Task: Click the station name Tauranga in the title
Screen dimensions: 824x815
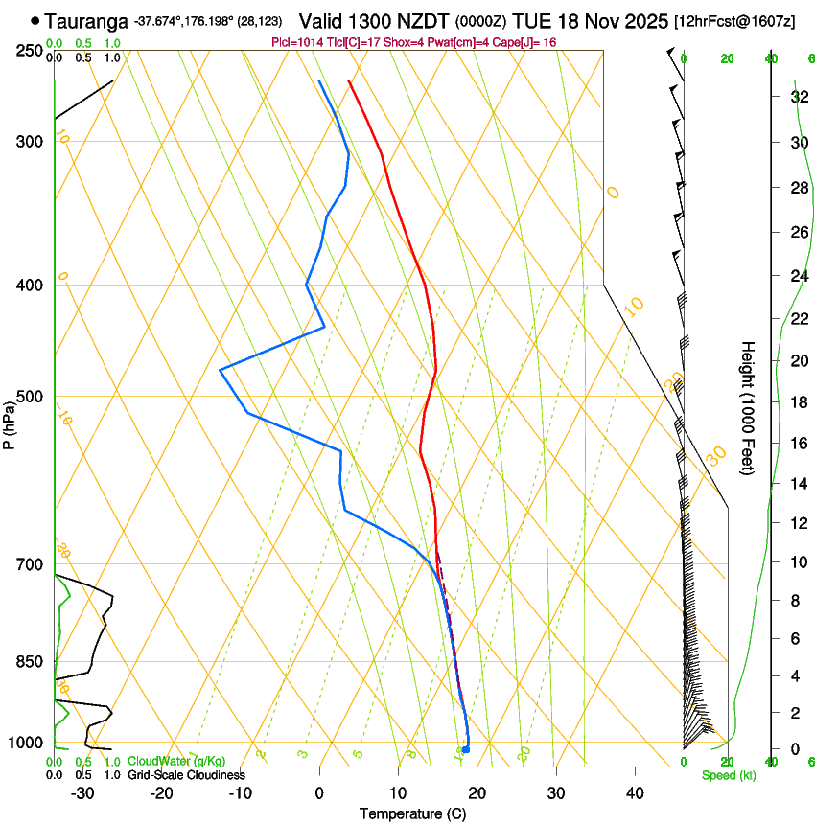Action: [x=86, y=20]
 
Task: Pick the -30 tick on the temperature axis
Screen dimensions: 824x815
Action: [x=82, y=792]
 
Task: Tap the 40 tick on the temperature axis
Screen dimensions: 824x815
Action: [x=635, y=792]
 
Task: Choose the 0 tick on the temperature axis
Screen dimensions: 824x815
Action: [x=319, y=792]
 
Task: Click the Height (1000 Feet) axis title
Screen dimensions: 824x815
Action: [x=748, y=407]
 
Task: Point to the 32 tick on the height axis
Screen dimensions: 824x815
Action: [x=797, y=97]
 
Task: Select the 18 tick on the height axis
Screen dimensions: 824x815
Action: [x=797, y=402]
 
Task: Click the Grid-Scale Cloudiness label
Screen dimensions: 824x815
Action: [x=186, y=774]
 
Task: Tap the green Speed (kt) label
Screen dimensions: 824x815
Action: [x=729, y=775]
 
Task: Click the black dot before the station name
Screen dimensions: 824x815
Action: [x=35, y=19]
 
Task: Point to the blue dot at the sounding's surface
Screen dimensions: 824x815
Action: [x=465, y=749]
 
